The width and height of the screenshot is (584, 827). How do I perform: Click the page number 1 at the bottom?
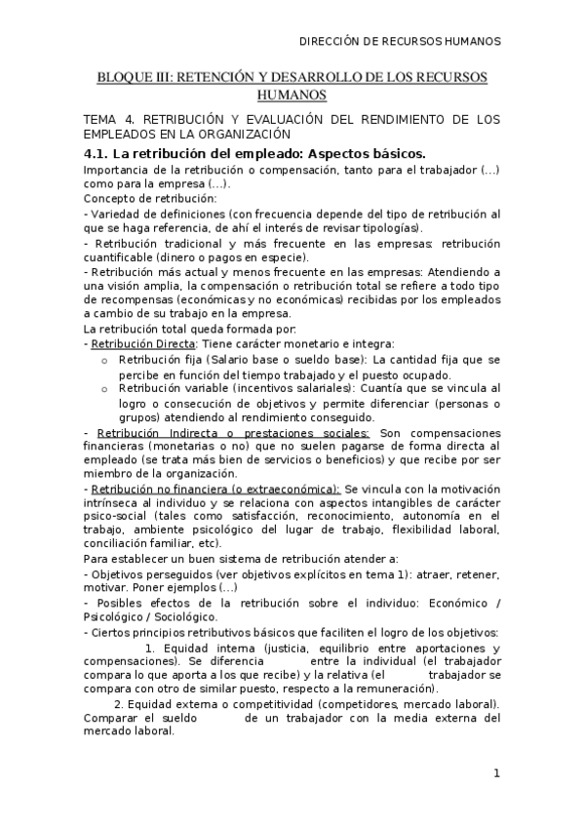[496, 774]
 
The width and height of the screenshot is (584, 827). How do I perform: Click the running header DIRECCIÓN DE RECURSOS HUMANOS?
[399, 42]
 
